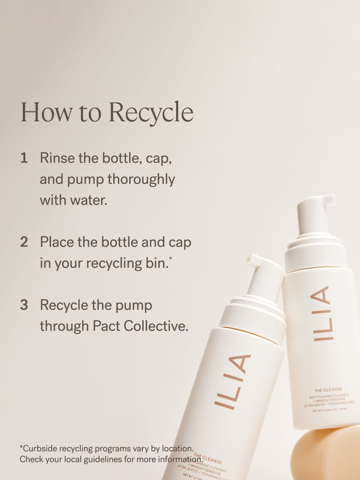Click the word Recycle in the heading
(x=151, y=113)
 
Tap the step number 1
(x=24, y=158)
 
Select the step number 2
(x=24, y=242)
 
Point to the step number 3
(x=24, y=305)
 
